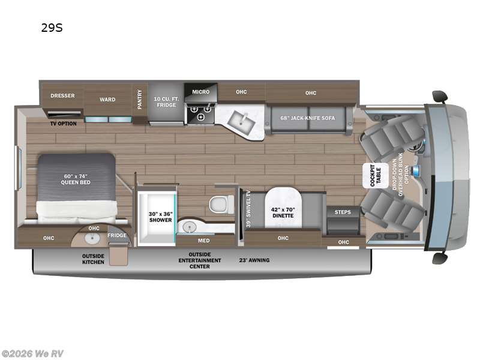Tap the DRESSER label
(x=62, y=95)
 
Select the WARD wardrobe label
(x=107, y=100)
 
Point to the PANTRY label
(x=140, y=99)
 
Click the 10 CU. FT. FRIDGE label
(x=165, y=101)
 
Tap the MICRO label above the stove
(x=200, y=92)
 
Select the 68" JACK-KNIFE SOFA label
(x=308, y=117)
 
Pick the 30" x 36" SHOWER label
(x=160, y=215)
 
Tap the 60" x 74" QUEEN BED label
(x=76, y=179)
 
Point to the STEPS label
(x=343, y=212)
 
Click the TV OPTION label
(x=63, y=124)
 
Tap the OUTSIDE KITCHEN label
(x=93, y=259)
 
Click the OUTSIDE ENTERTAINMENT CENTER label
(x=199, y=260)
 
